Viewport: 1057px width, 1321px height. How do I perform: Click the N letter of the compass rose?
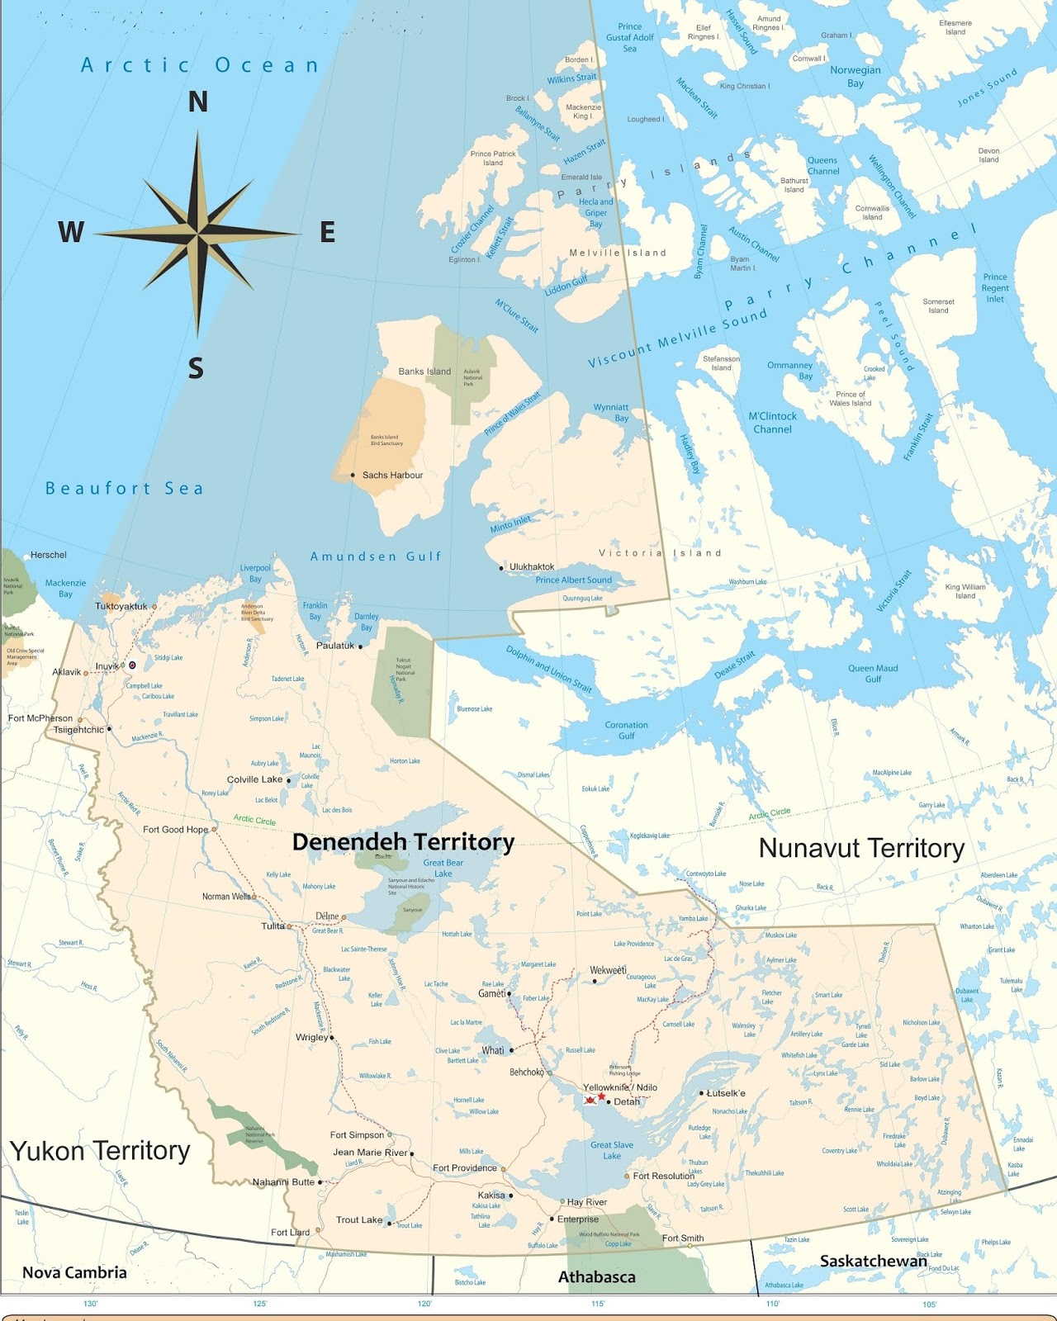tap(197, 102)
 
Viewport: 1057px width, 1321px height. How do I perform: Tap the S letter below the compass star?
tap(196, 368)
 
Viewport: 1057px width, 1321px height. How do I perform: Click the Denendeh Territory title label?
tap(403, 842)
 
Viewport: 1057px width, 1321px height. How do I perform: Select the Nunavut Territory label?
tap(861, 849)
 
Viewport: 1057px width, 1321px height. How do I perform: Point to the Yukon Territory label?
tap(100, 1150)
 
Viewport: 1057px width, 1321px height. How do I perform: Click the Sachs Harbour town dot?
tap(353, 475)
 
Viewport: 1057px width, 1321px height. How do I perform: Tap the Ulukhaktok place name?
tap(532, 567)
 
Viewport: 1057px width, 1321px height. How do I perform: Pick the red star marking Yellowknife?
tap(601, 1096)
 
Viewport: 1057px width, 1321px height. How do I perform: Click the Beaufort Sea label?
tap(124, 489)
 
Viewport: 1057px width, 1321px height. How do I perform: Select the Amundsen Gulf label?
tap(376, 556)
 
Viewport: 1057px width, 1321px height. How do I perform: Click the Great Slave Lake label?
tap(612, 1150)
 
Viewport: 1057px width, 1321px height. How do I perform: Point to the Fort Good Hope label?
tap(175, 830)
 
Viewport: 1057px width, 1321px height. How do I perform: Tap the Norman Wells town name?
tap(226, 897)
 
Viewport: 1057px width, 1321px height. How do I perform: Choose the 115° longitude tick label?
tap(598, 1304)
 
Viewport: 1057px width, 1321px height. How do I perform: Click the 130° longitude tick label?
tap(90, 1304)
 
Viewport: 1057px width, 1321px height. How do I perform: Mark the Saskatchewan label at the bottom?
tap(873, 1262)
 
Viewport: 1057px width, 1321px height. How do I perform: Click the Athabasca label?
tap(597, 1277)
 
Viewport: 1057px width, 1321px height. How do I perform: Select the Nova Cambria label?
tap(74, 1272)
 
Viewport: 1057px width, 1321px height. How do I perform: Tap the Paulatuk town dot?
tap(360, 646)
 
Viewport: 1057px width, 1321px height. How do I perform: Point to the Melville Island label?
tap(618, 253)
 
